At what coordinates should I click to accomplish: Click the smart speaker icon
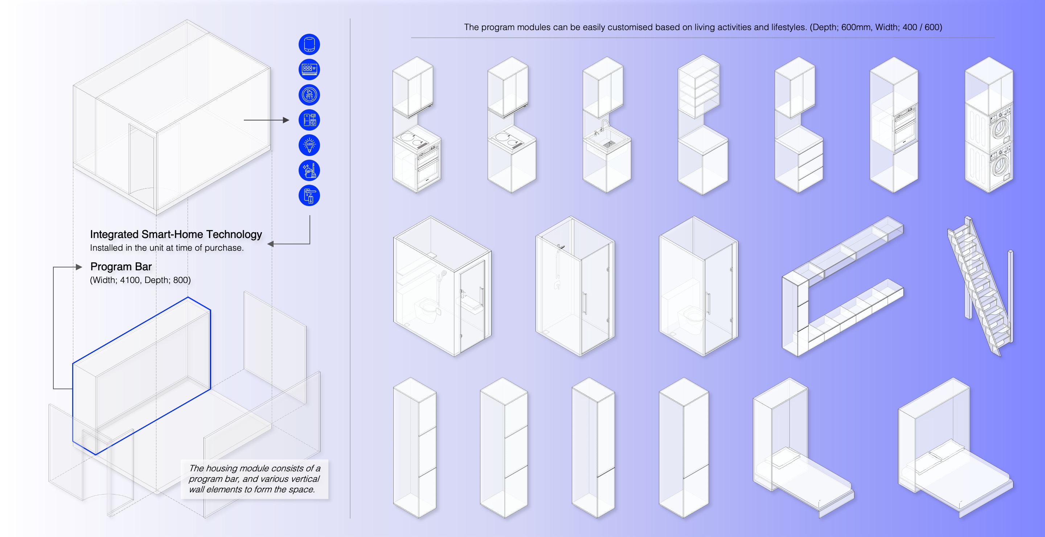pyautogui.click(x=309, y=44)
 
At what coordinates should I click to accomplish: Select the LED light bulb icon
pyautogui.click(x=309, y=145)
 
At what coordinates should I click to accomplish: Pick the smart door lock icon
pyautogui.click(x=309, y=196)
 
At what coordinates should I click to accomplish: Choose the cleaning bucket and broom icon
pyautogui.click(x=309, y=170)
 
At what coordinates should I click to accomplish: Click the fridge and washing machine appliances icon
pyautogui.click(x=309, y=120)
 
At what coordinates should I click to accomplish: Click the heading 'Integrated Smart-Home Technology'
pyautogui.click(x=176, y=234)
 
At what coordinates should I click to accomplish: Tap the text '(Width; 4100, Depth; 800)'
pyautogui.click(x=140, y=280)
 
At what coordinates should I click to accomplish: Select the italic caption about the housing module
pyautogui.click(x=254, y=479)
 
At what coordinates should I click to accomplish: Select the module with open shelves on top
pyautogui.click(x=702, y=124)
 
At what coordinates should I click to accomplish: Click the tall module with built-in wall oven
pyautogui.click(x=894, y=124)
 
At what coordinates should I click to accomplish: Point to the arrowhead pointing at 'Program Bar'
pyautogui.click(x=79, y=267)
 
